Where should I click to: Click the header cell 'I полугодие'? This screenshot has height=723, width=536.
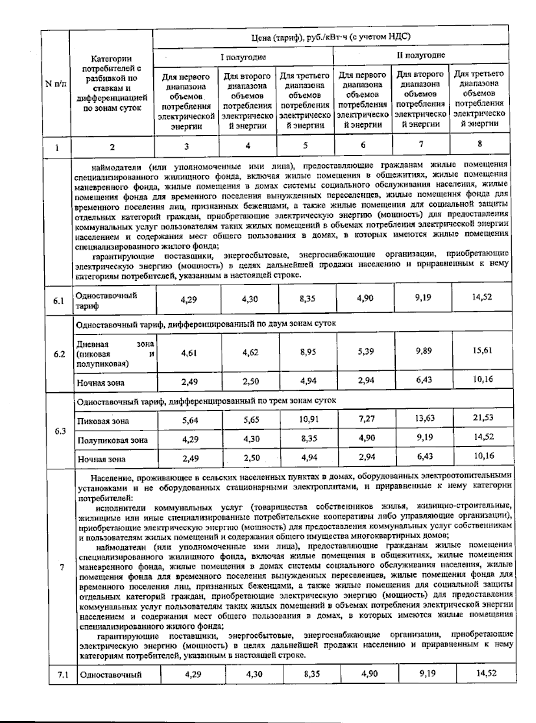click(243, 57)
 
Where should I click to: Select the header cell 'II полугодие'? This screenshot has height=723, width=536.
click(420, 55)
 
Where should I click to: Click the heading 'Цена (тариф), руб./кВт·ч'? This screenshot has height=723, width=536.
click(330, 37)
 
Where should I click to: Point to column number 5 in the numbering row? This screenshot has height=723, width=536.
click(306, 145)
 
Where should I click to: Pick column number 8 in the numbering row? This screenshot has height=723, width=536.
click(479, 144)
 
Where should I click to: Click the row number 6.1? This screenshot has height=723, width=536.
click(59, 301)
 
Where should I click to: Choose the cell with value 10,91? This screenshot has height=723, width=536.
click(309, 420)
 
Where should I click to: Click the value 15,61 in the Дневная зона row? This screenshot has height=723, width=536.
click(482, 350)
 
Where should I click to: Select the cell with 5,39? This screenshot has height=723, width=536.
click(366, 352)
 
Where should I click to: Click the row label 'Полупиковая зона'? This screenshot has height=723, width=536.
click(112, 440)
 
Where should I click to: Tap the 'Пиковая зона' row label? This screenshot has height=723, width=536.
click(103, 421)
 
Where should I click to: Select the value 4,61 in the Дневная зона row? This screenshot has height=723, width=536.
click(189, 353)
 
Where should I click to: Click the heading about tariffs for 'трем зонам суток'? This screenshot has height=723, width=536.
click(206, 401)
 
